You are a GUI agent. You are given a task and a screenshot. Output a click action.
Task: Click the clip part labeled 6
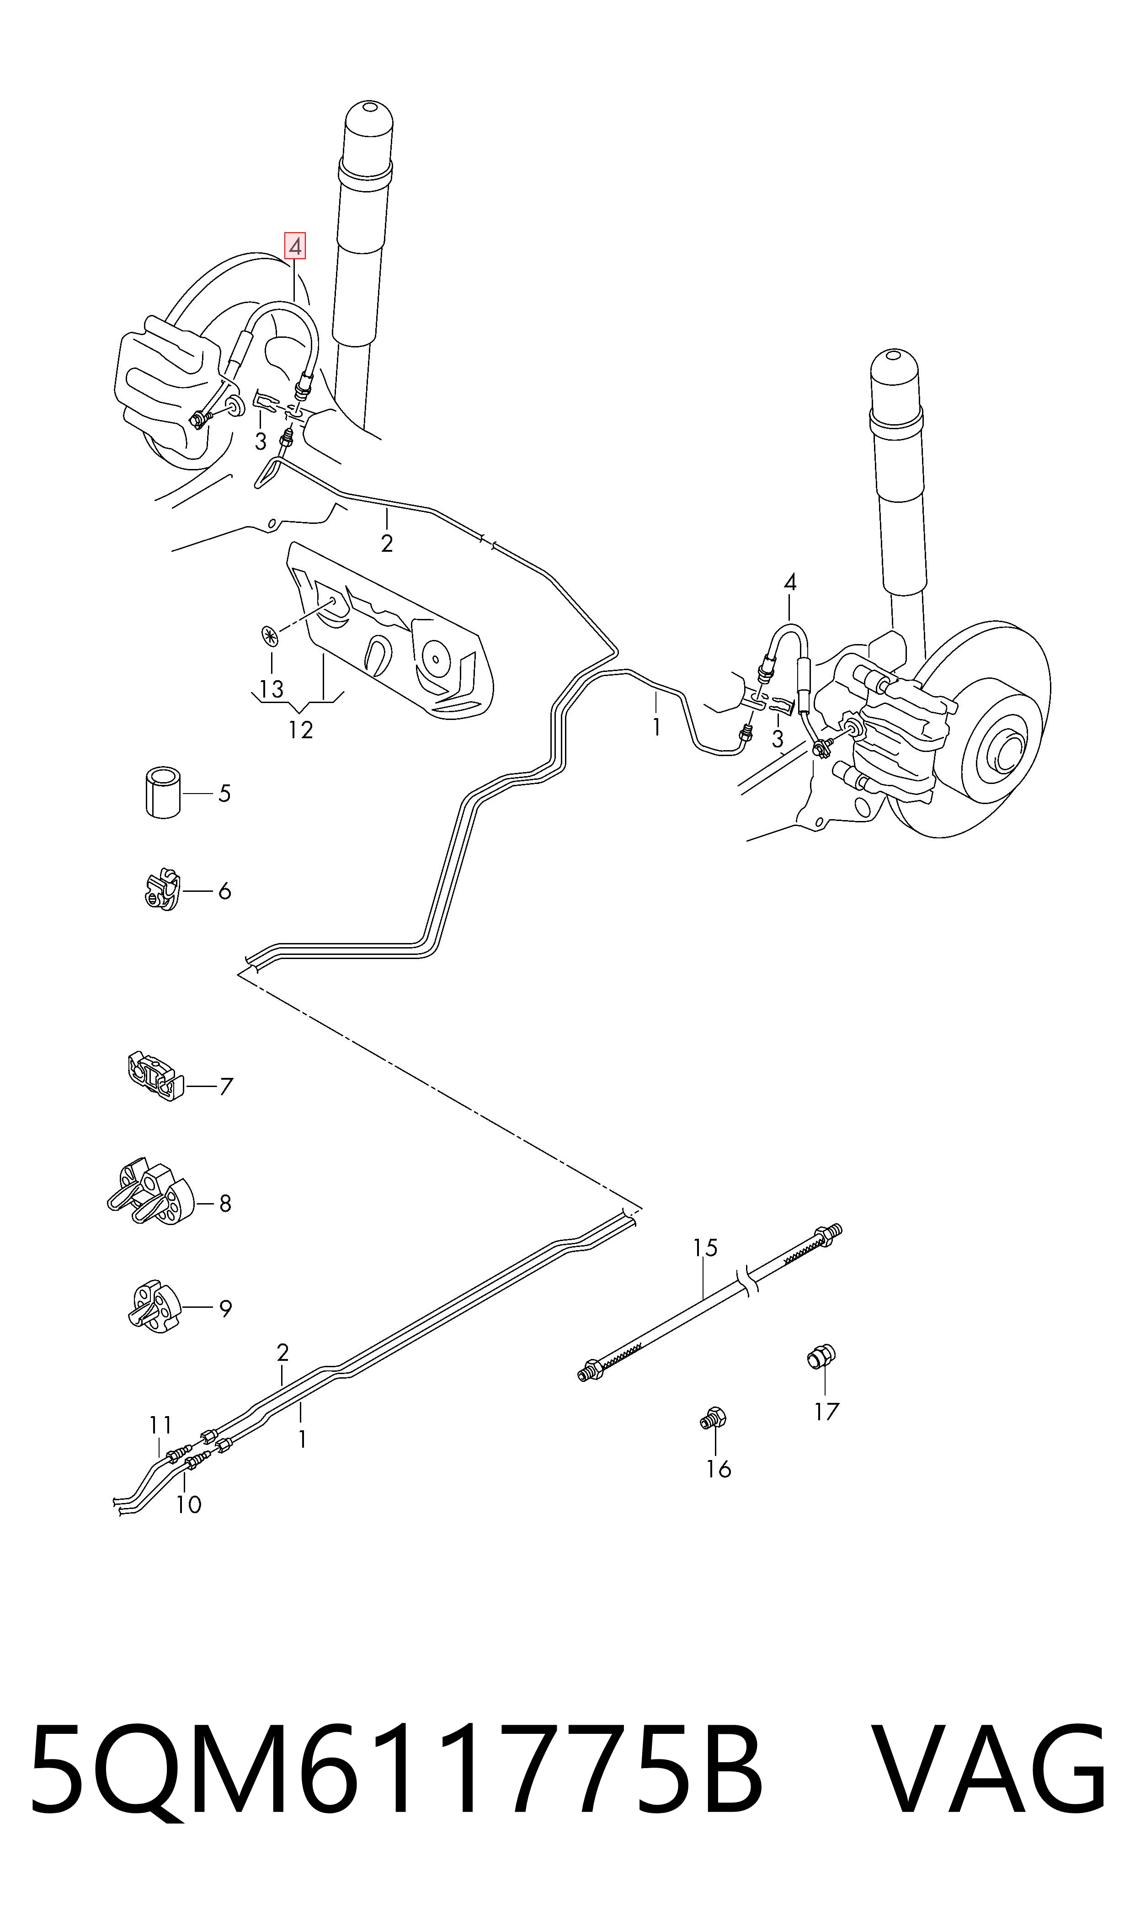pos(161,890)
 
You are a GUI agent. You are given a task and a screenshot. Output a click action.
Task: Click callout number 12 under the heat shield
pos(301,730)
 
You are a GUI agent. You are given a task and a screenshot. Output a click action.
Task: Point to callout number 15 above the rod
pos(705,1248)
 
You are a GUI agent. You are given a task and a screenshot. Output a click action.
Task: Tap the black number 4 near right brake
pos(790,583)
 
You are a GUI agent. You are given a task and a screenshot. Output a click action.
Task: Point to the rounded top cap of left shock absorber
pos(369,130)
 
